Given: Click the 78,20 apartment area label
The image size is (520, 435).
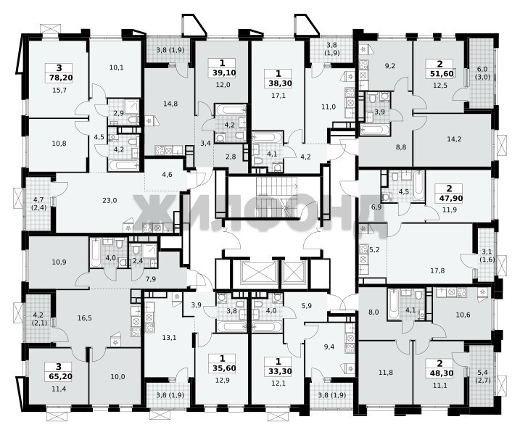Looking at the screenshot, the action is tap(59, 78).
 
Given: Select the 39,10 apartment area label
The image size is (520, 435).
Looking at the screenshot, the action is tap(222, 72).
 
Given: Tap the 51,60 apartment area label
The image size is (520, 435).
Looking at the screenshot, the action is tap(440, 73).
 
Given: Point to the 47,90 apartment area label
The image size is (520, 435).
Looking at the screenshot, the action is tap(450, 198).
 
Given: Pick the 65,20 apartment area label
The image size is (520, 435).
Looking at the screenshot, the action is tap(59, 376).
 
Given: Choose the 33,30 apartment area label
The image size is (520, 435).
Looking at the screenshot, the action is tap(278, 371).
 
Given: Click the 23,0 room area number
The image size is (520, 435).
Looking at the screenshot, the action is tap(110, 201).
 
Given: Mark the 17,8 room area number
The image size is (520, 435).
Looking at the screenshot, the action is tap(437, 270).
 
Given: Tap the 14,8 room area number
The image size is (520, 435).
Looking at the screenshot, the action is tap(170, 104).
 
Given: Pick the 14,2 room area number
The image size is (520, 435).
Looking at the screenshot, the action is tap(454, 139).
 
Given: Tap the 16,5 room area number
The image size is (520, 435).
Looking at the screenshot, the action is tap(85, 318).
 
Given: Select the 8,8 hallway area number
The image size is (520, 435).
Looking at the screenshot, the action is tap(400, 147).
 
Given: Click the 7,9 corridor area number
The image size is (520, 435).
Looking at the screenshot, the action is tap(151, 279).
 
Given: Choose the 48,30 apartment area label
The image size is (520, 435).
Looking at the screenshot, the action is tap(440, 373).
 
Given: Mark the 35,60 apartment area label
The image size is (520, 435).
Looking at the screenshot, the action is tap(222, 368).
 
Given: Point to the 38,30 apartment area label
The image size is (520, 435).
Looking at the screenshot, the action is tap(278, 83).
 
